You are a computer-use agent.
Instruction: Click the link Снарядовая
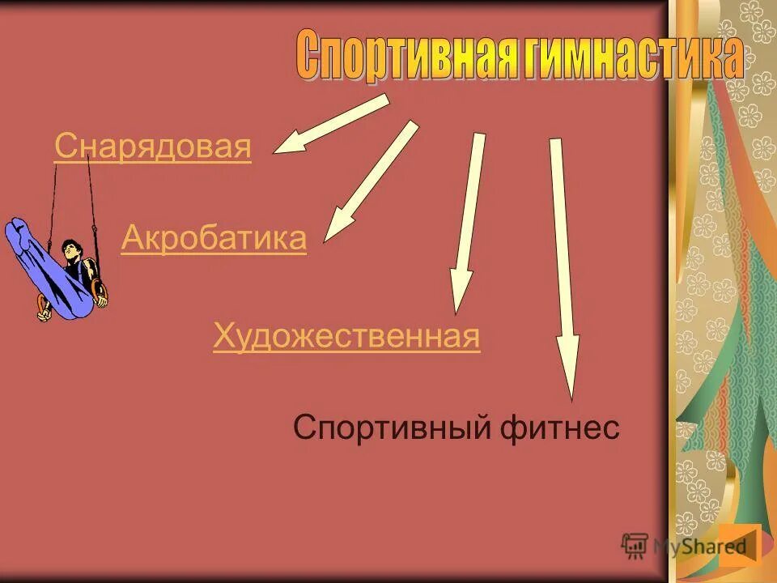coord(153,148)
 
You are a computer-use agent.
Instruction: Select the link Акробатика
coord(214,239)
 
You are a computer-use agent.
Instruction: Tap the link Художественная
coord(346,336)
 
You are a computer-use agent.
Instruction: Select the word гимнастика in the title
coord(631,57)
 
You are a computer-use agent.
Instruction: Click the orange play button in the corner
coord(740,544)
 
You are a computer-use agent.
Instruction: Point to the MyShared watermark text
coord(699,546)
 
